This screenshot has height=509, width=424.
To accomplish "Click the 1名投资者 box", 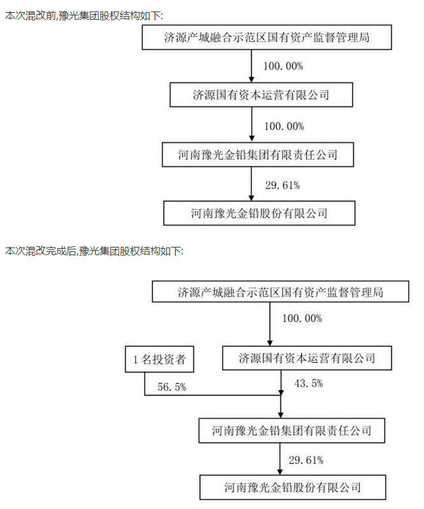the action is (159, 359).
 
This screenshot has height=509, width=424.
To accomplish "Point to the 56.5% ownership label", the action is (172, 387).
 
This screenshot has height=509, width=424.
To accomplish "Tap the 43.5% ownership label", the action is (309, 383).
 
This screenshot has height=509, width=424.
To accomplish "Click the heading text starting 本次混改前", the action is (84, 15).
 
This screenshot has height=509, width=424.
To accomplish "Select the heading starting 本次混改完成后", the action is (94, 251).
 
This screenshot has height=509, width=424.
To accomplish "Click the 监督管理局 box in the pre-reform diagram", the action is (267, 38).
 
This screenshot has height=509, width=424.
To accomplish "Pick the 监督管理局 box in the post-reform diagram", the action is (281, 292).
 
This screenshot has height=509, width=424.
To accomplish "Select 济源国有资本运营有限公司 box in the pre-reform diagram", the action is (261, 95).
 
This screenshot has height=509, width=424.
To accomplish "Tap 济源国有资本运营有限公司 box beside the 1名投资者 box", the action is (307, 358).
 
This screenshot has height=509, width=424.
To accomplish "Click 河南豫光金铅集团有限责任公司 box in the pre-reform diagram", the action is (258, 154).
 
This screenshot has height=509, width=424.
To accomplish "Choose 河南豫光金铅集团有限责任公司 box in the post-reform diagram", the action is (291, 431).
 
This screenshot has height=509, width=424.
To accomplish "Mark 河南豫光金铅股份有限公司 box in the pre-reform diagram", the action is (260, 213).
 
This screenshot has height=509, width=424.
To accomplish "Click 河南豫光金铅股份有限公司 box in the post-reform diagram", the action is (293, 487).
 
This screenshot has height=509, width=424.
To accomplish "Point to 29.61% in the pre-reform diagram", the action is (282, 186).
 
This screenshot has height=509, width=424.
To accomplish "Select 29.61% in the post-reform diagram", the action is (306, 460).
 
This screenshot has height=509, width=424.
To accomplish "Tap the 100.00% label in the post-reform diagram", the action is (302, 318).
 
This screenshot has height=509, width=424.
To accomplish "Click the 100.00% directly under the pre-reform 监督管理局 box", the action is (283, 66).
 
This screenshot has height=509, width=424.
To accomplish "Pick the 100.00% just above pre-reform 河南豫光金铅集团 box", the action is (284, 126).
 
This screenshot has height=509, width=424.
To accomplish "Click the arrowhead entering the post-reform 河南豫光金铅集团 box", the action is (281, 415).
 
